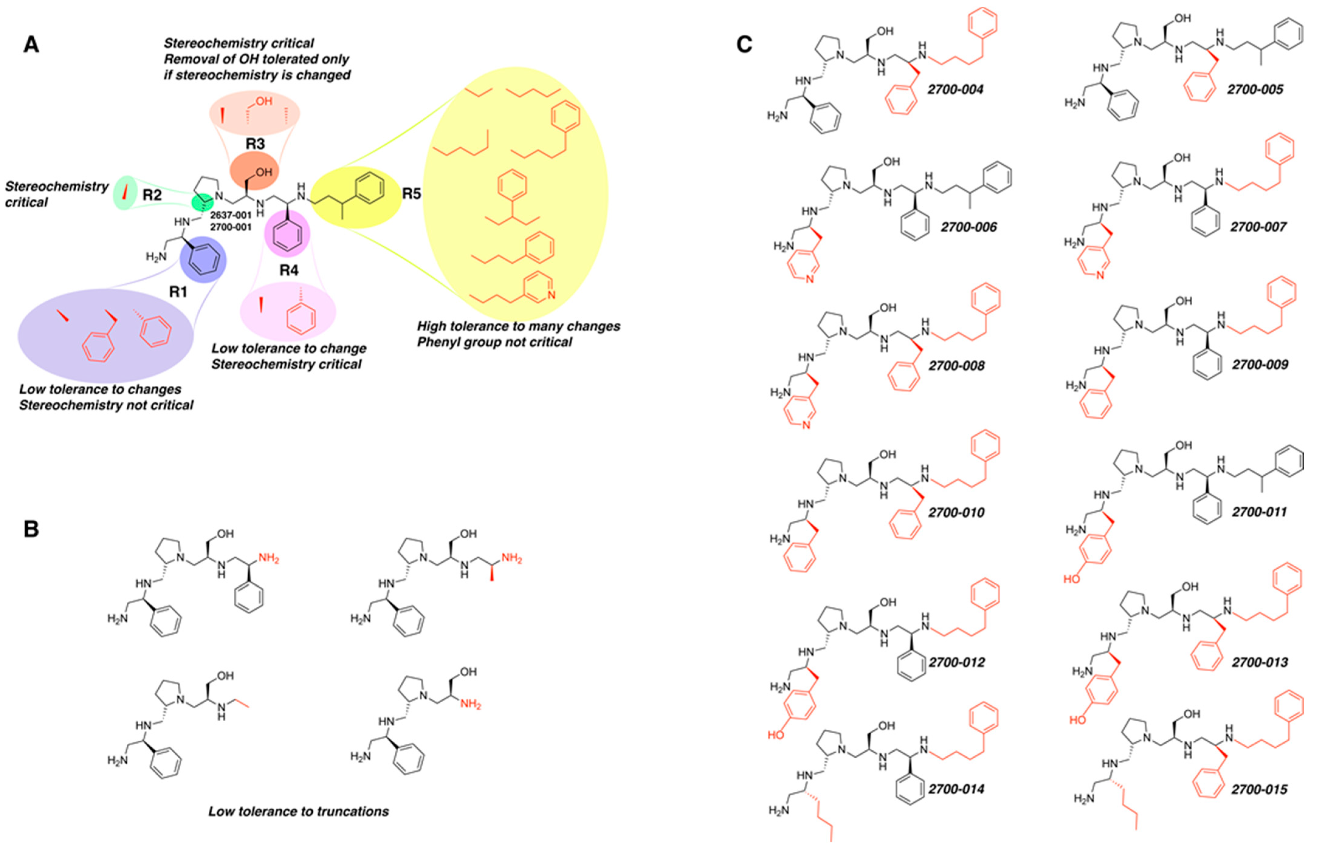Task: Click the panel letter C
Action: (744, 44)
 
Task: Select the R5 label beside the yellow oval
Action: (411, 194)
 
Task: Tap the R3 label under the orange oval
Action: (255, 144)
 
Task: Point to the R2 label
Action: (152, 195)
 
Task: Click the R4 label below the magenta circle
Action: (289, 270)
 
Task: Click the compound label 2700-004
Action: (955, 89)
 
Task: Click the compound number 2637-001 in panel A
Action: (231, 215)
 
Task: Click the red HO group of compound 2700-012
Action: (775, 735)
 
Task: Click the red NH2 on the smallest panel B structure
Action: (470, 705)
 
